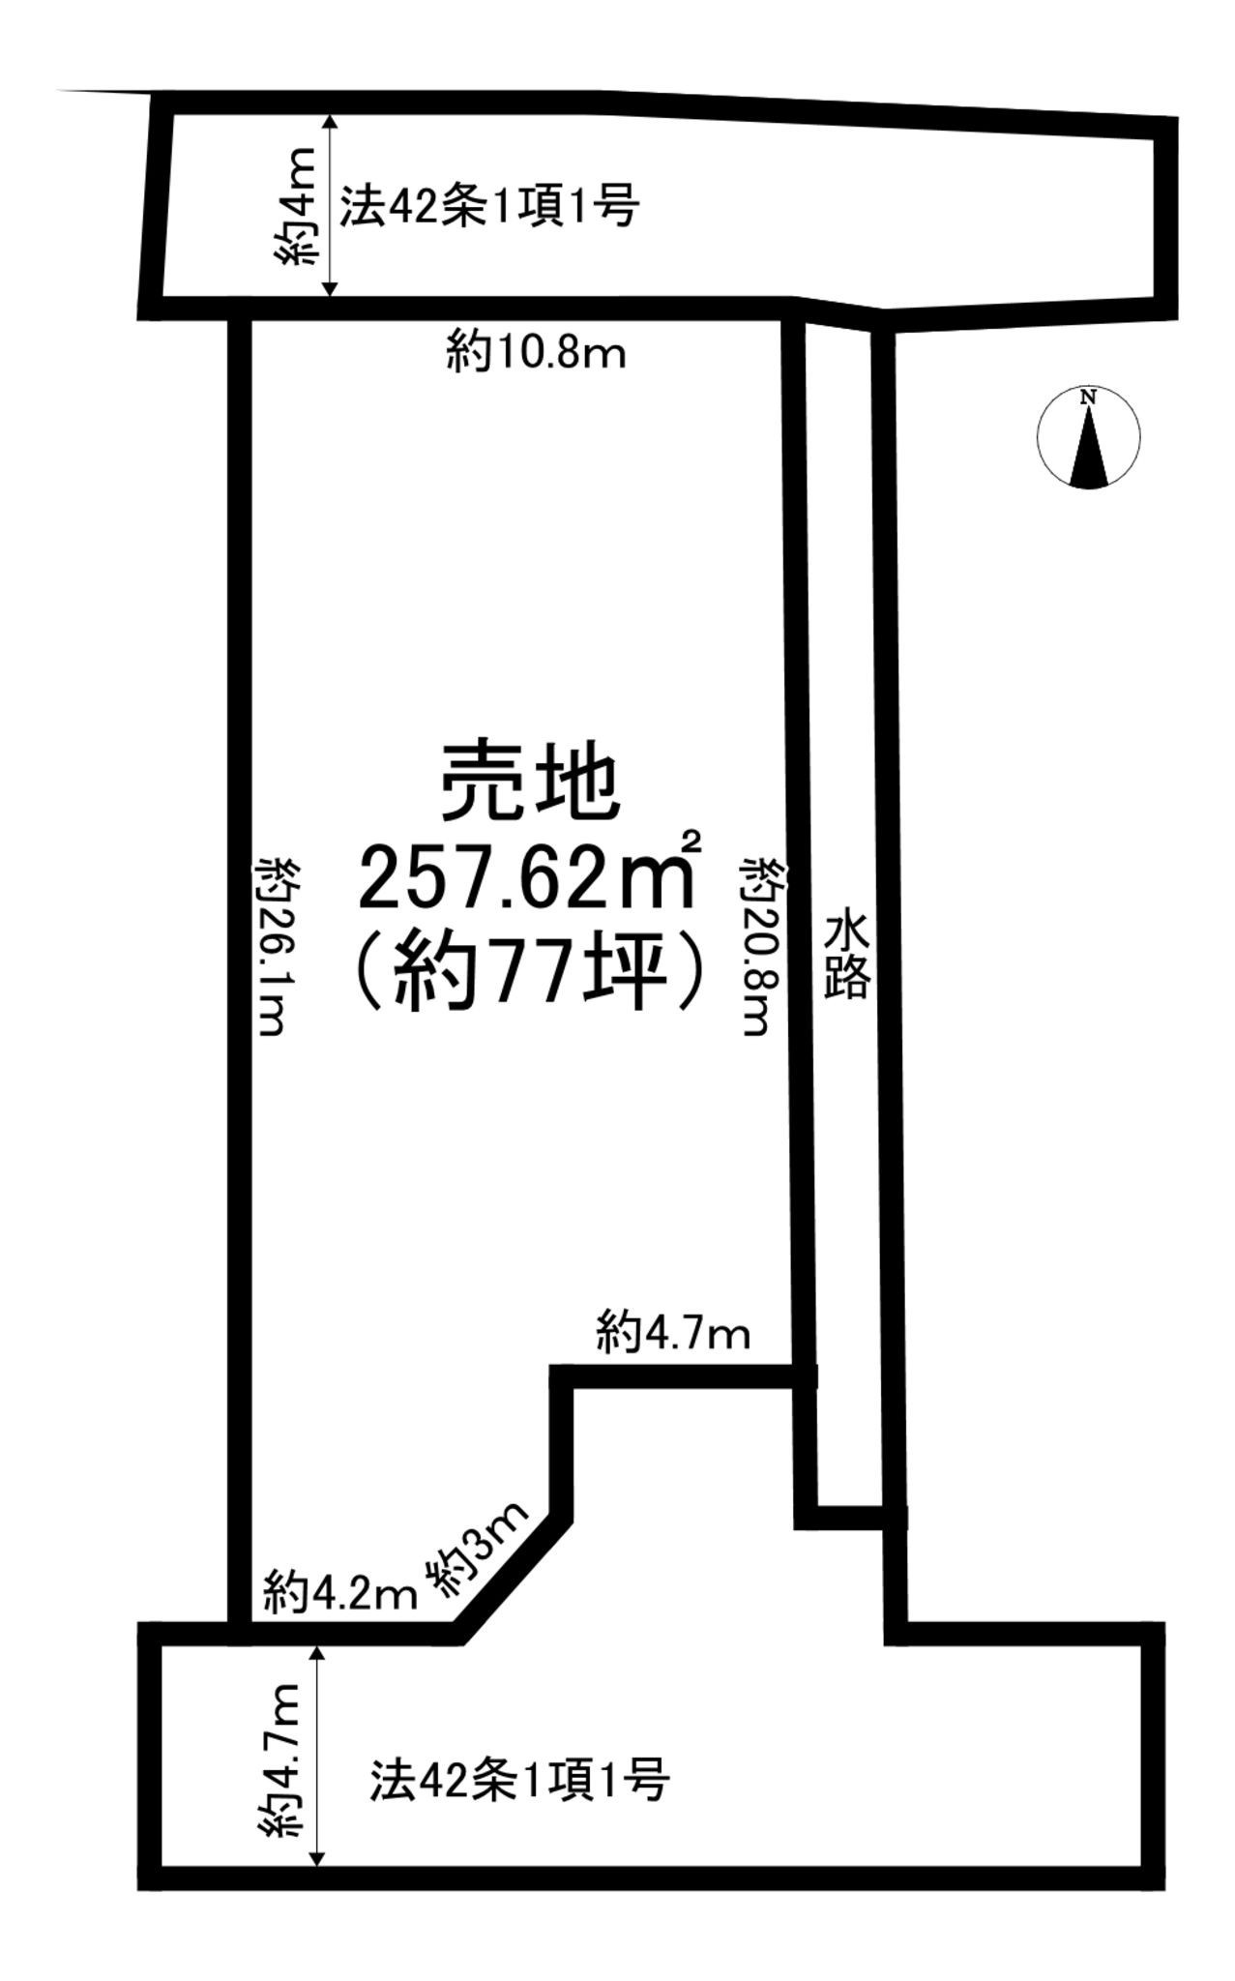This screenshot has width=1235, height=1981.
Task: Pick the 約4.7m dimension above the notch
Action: coord(673,1335)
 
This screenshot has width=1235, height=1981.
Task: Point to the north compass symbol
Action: coord(1088,436)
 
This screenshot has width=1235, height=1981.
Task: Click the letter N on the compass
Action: coord(1089,396)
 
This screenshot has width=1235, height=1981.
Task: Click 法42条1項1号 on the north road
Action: coord(488,206)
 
